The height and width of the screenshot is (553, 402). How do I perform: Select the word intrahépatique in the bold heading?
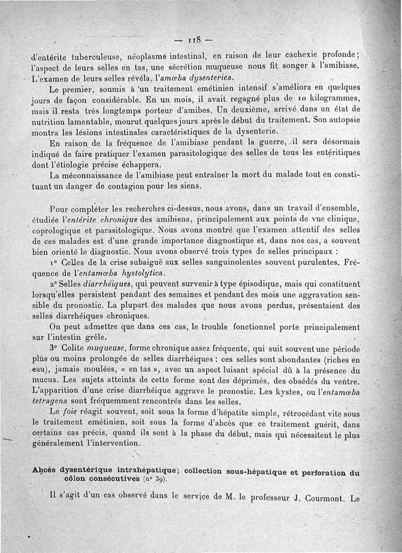pos(139,472)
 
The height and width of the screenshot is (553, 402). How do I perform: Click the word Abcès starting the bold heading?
pos(44,472)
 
